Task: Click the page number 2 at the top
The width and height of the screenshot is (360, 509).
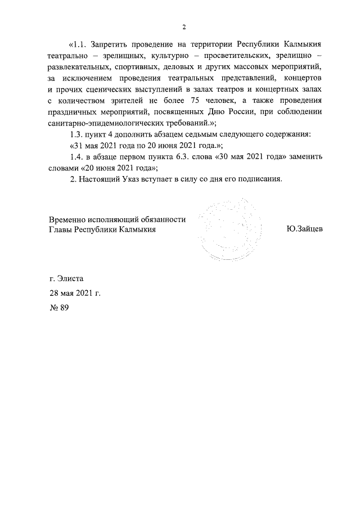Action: coord(184,26)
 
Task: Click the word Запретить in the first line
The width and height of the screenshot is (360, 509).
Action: coord(111,44)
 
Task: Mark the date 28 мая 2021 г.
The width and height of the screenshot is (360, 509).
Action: coord(75,293)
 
